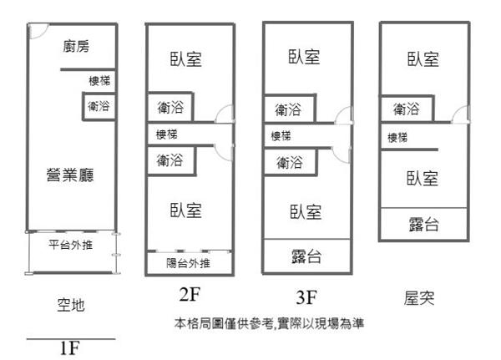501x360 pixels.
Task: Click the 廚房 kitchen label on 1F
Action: pos(76,48)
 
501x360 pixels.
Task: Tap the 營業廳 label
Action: pos(69,175)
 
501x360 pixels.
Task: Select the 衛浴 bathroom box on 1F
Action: pos(99,106)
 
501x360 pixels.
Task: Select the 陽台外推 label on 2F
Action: pos(188,264)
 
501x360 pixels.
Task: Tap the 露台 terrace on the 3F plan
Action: pos(306,256)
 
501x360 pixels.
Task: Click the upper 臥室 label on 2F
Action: pos(186,60)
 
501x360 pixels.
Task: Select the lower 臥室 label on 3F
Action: pos(306,211)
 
